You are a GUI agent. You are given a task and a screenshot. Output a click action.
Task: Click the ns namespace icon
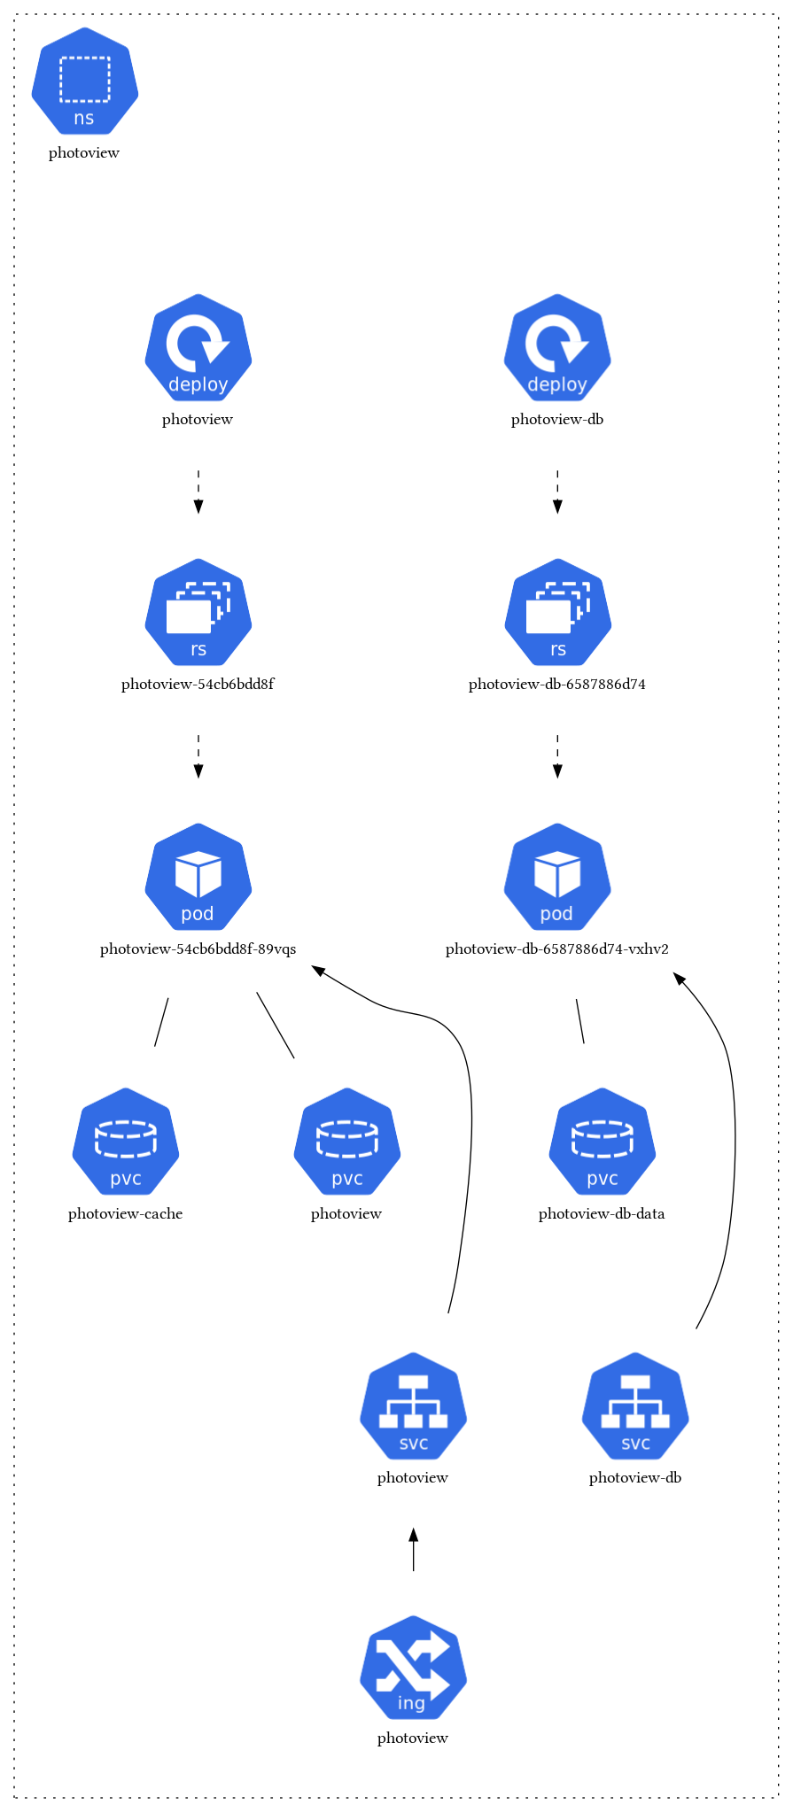click(x=85, y=81)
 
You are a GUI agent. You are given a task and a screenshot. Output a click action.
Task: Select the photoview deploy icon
click(x=198, y=348)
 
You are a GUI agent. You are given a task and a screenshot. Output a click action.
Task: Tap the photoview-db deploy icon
click(x=557, y=348)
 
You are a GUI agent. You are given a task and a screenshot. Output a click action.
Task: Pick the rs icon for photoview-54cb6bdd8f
click(x=198, y=613)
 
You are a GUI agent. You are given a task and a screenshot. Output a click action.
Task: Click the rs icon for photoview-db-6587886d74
click(x=557, y=613)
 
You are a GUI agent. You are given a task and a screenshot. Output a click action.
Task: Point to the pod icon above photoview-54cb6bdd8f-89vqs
click(x=198, y=878)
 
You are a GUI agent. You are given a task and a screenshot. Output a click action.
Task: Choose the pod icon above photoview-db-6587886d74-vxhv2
click(x=557, y=878)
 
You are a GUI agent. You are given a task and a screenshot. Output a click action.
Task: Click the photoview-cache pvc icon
click(x=126, y=1142)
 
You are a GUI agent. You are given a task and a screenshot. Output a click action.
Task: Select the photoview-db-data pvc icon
click(x=603, y=1142)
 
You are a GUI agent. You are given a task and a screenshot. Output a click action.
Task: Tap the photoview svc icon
click(x=413, y=1406)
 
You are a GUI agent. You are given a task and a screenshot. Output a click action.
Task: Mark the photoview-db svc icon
click(x=635, y=1406)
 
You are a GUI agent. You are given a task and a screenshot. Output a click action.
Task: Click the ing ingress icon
click(x=413, y=1668)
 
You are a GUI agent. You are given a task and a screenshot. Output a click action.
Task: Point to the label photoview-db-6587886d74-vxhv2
click(x=557, y=949)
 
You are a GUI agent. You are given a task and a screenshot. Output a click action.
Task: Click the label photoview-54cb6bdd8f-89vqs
click(x=198, y=949)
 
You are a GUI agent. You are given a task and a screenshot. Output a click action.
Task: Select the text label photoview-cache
click(x=126, y=1214)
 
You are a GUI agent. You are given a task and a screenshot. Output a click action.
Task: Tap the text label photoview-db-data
click(x=602, y=1214)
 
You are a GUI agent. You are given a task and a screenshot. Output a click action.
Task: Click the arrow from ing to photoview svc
click(x=413, y=1550)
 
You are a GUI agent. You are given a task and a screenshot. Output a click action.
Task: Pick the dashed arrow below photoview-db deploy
click(x=557, y=492)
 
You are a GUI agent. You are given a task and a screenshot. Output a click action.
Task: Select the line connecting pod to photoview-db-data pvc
click(x=580, y=1021)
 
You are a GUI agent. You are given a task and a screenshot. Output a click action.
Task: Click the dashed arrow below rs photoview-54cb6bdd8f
click(x=198, y=756)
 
